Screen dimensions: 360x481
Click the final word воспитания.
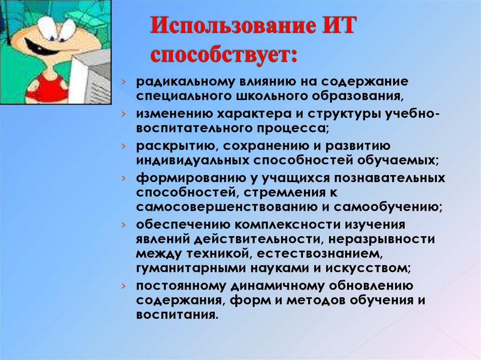coord(177,314)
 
